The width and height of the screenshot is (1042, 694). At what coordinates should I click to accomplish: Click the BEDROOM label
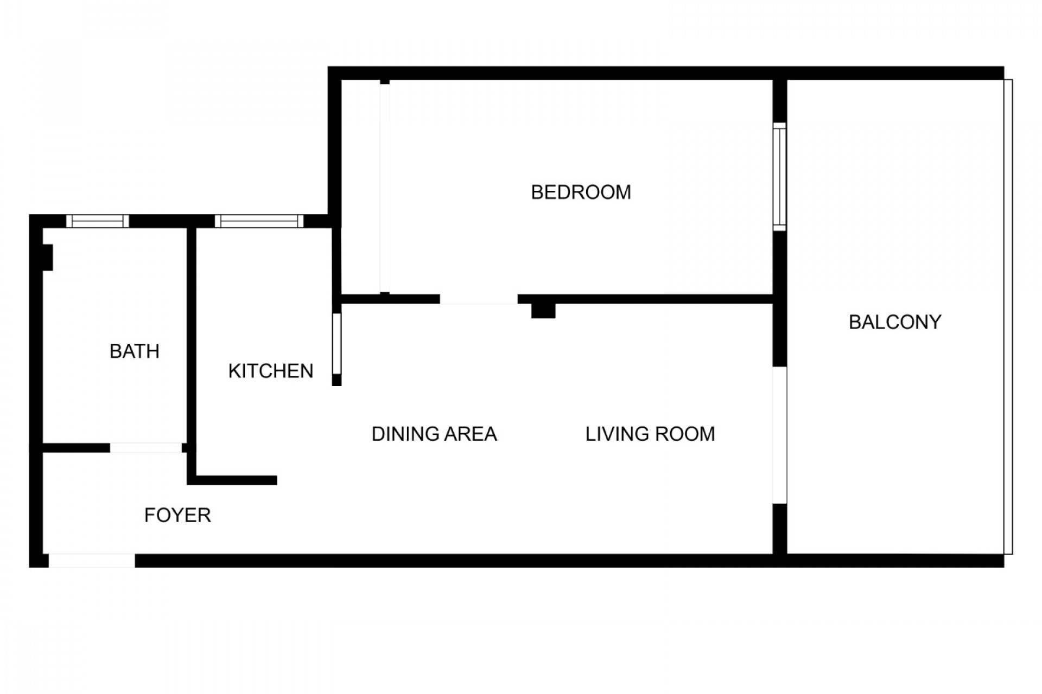(581, 192)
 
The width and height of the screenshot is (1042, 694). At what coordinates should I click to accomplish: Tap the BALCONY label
(895, 322)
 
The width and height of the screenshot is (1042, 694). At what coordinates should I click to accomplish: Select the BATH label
(135, 351)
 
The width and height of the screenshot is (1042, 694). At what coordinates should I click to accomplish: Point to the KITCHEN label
(271, 371)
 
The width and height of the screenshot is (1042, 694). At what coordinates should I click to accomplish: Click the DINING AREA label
(434, 434)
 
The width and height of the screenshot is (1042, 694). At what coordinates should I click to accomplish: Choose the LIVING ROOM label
(650, 434)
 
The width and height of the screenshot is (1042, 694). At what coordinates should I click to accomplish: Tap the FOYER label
(177, 515)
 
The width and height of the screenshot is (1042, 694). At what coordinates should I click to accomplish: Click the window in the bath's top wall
(98, 221)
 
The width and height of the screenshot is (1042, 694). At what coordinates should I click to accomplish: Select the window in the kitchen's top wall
(259, 221)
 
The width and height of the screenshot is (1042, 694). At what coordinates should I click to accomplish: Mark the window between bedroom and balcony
(779, 177)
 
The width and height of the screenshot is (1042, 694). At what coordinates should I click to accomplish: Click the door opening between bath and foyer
(146, 448)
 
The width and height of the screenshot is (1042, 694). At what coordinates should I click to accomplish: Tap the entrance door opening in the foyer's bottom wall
(92, 561)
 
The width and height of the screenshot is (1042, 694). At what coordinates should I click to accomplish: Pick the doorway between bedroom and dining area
(479, 299)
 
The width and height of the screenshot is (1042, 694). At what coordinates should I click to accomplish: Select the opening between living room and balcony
(779, 435)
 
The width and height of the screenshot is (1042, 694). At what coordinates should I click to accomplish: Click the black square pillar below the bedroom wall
(543, 311)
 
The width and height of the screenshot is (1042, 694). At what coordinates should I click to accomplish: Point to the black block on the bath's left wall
(47, 258)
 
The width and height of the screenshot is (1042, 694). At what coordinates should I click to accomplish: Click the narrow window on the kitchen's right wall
(336, 344)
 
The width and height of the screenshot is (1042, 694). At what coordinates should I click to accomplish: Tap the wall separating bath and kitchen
(191, 336)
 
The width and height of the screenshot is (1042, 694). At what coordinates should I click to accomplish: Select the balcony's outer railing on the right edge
(1008, 317)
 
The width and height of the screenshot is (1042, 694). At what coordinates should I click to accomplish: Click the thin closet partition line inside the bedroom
(385, 188)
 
